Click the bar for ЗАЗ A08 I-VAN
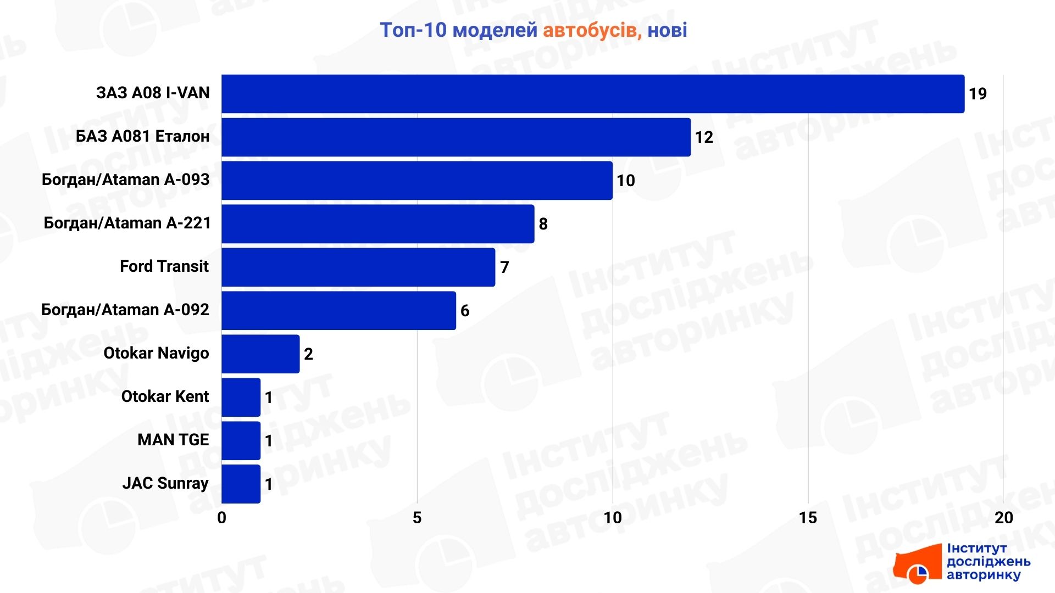pos(592,94)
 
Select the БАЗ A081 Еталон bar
pos(456,137)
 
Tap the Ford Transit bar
pos(358,267)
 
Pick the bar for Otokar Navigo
pos(260,354)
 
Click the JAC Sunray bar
pos(241,484)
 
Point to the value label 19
pos(978,94)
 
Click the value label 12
pos(704,137)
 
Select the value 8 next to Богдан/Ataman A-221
pos(543,224)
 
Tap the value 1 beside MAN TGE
pos(269,441)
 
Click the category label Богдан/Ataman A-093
pos(126,180)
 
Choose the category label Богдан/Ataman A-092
pos(125,310)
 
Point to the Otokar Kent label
pos(165,396)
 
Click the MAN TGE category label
pos(173,440)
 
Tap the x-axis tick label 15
pos(808,518)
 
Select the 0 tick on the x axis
pos(221,518)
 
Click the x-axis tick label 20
pos(1003,518)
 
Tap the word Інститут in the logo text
pos(976,549)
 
